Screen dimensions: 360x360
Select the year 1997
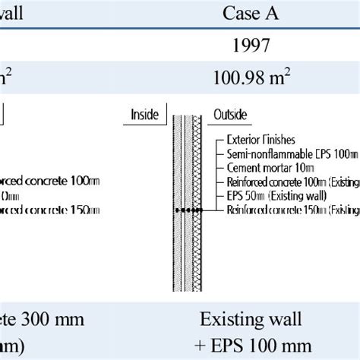(250, 46)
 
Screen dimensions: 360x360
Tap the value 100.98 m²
(250, 77)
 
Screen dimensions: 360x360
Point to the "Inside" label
(144, 115)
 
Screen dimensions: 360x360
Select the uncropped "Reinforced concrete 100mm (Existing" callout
(292, 182)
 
